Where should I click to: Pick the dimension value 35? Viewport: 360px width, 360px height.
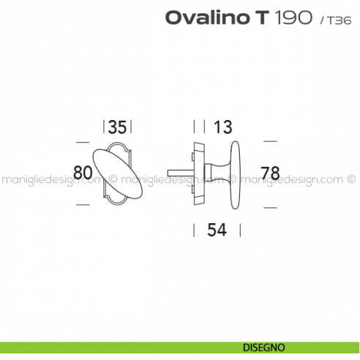118,127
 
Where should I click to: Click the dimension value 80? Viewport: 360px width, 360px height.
83,173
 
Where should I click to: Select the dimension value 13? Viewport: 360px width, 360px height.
223,127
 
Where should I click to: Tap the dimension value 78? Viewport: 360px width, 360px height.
270,173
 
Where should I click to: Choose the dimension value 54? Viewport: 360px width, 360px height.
216,229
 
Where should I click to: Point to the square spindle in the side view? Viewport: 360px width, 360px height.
179,171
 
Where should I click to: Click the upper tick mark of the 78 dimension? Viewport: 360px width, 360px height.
270,140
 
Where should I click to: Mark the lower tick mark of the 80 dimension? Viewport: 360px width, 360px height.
83,206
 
